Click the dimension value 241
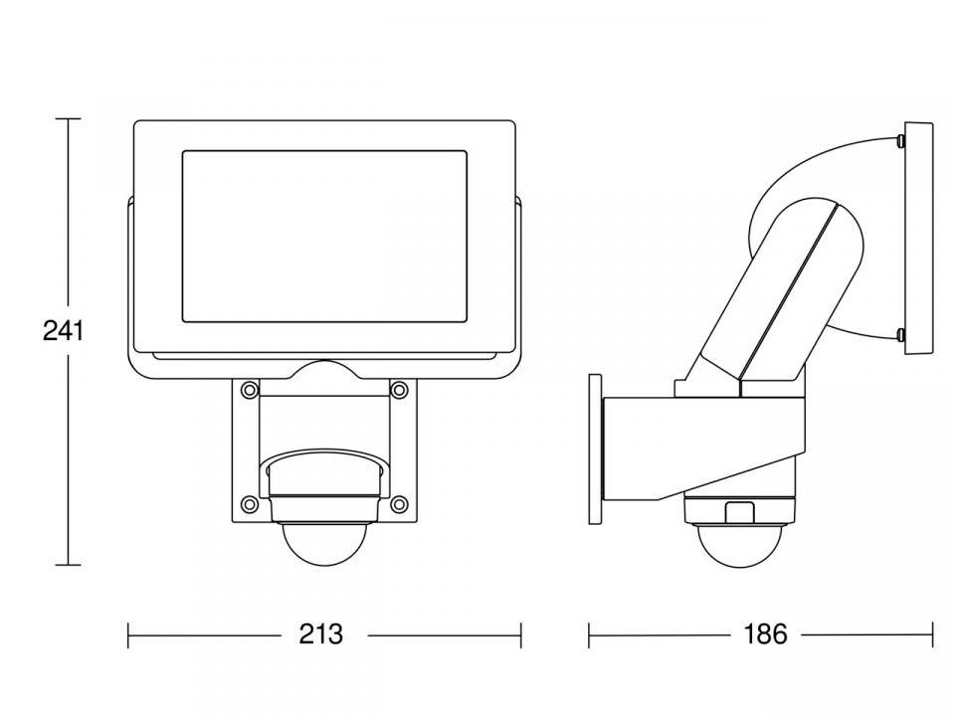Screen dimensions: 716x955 63,330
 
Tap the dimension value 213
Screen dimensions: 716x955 320,634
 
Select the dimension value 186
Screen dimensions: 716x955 765,634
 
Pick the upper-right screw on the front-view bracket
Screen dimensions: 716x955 398,387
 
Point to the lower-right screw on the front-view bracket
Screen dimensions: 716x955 398,502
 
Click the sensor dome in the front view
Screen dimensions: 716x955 322,544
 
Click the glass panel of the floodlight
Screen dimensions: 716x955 324,237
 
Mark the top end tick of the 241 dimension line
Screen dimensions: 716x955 68,119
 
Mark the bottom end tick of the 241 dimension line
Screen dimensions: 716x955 68,565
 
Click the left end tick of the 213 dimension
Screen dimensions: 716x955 129,634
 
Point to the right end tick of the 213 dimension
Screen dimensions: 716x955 520,634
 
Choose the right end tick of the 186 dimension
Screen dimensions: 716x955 932,634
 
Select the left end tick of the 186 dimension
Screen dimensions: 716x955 589,634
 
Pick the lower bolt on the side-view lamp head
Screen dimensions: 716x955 900,334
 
